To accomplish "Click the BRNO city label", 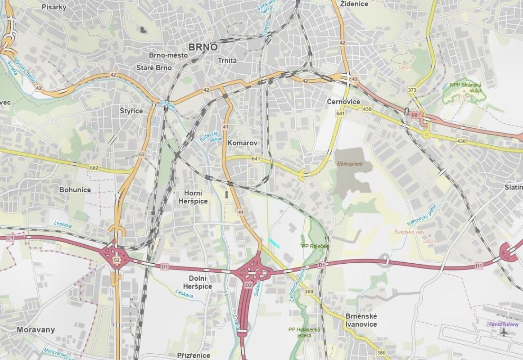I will coord(203,47).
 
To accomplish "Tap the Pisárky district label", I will coord(54,7).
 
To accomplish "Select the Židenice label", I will coord(354,4).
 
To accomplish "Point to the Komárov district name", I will coord(242,143).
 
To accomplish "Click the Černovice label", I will coord(343,102).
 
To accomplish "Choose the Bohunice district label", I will coord(75,189).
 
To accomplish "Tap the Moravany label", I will coord(36,329).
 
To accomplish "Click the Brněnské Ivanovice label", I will coord(361,320).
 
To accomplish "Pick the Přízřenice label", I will coord(194,355).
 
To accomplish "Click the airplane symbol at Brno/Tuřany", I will coord(503,333).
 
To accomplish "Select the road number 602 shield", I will coord(94,168).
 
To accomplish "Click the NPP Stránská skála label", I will coord(466,87).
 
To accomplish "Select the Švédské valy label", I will coord(409,232).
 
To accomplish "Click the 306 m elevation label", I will coord(405,68).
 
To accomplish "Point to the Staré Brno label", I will coord(154,67).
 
